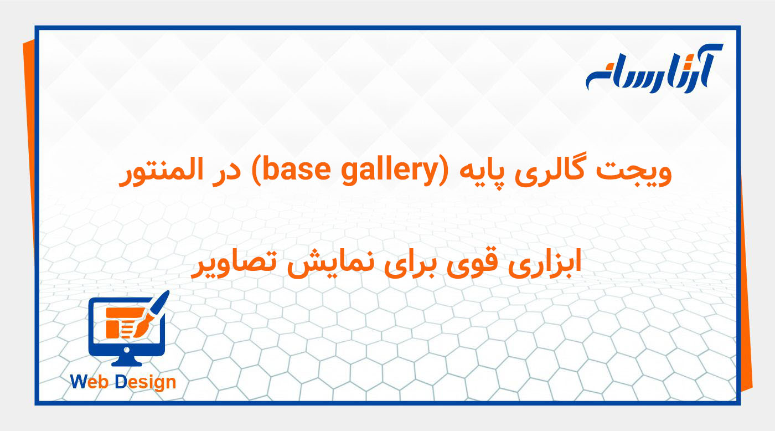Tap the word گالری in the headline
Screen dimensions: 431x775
pyautogui.click(x=577, y=173)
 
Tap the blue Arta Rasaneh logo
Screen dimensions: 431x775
pyautogui.click(x=654, y=69)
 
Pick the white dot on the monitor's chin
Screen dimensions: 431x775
pyautogui.click(x=126, y=349)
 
